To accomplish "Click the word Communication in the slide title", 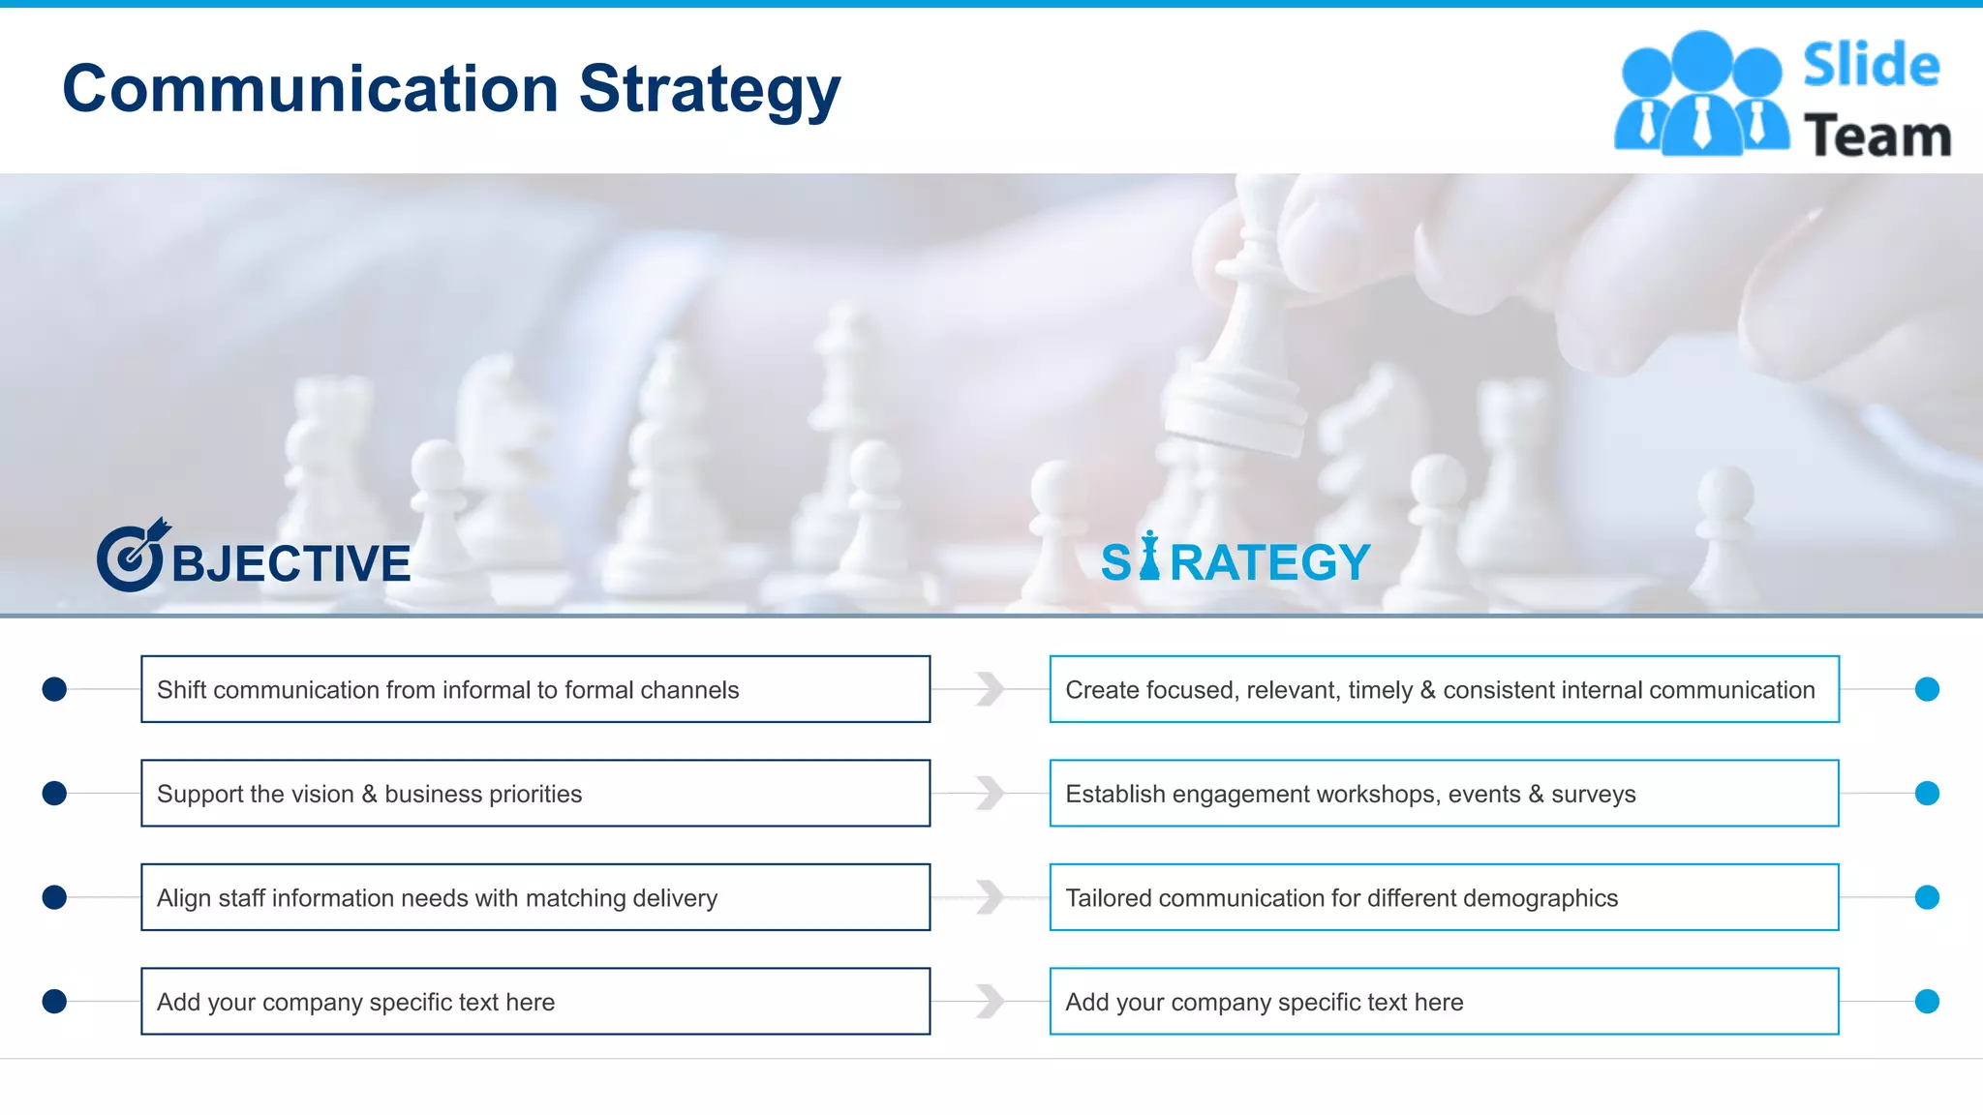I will point(310,89).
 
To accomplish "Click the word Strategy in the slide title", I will point(709,89).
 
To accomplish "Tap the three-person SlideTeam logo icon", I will point(1700,95).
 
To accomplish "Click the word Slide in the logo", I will point(1871,66).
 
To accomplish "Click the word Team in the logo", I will point(1876,136).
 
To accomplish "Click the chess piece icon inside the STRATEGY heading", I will point(1149,557).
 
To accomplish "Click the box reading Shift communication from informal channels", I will point(534,689).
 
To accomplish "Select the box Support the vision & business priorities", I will point(534,794).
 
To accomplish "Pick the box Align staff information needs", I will point(534,897).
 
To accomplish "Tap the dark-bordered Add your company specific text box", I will point(534,1002).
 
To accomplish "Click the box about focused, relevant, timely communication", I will point(1443,689).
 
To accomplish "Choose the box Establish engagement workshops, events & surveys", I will point(1443,794).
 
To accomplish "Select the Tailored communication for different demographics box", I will point(1443,897).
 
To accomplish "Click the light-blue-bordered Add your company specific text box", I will point(1443,1002).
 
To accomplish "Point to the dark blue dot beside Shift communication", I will point(54,689).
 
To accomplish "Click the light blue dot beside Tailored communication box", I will point(1927,897).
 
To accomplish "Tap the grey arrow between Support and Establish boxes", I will point(990,794).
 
